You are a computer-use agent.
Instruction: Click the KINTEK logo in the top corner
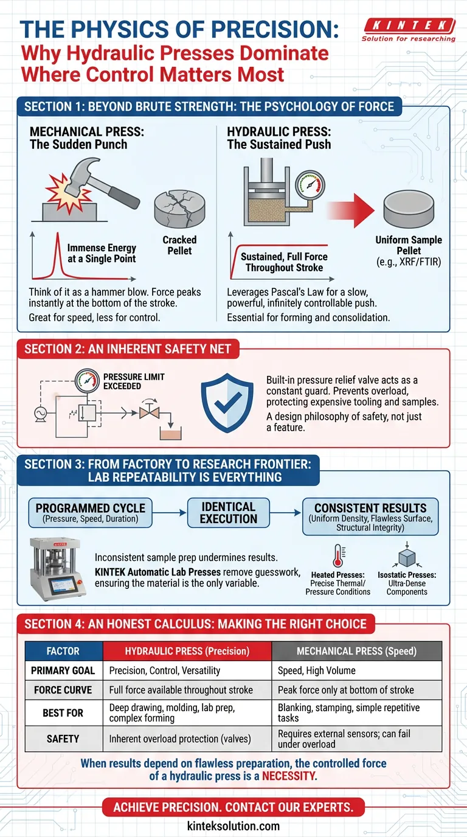[x=409, y=30]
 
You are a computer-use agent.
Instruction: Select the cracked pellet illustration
[x=180, y=209]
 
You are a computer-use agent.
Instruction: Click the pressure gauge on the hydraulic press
[x=310, y=185]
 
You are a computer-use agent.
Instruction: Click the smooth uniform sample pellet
[x=409, y=209]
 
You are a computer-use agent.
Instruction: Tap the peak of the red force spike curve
[x=58, y=234]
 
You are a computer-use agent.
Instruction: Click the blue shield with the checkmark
[x=227, y=403]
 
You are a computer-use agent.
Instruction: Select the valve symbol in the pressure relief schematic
[x=150, y=413]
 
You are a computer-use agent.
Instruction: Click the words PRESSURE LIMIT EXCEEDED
[x=134, y=381]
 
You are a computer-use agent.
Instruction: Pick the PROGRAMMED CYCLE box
[x=91, y=513]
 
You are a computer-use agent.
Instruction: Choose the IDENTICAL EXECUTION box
[x=228, y=513]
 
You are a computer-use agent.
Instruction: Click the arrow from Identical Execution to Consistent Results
[x=285, y=513]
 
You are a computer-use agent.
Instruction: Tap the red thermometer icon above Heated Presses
[x=339, y=555]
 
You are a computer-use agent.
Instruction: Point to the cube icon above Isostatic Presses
[x=407, y=555]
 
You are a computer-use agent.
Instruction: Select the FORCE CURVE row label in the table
[x=63, y=690]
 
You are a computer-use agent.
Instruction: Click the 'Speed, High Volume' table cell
[x=316, y=670]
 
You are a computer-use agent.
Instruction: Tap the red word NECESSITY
[x=289, y=776]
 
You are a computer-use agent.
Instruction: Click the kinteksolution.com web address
[x=233, y=825]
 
